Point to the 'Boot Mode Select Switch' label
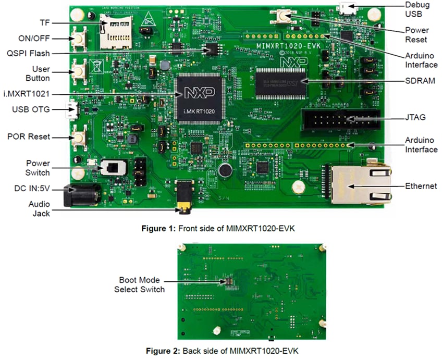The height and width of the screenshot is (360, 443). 139,284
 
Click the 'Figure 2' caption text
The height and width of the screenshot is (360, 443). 221,350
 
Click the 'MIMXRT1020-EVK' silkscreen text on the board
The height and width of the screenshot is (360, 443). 286,46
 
